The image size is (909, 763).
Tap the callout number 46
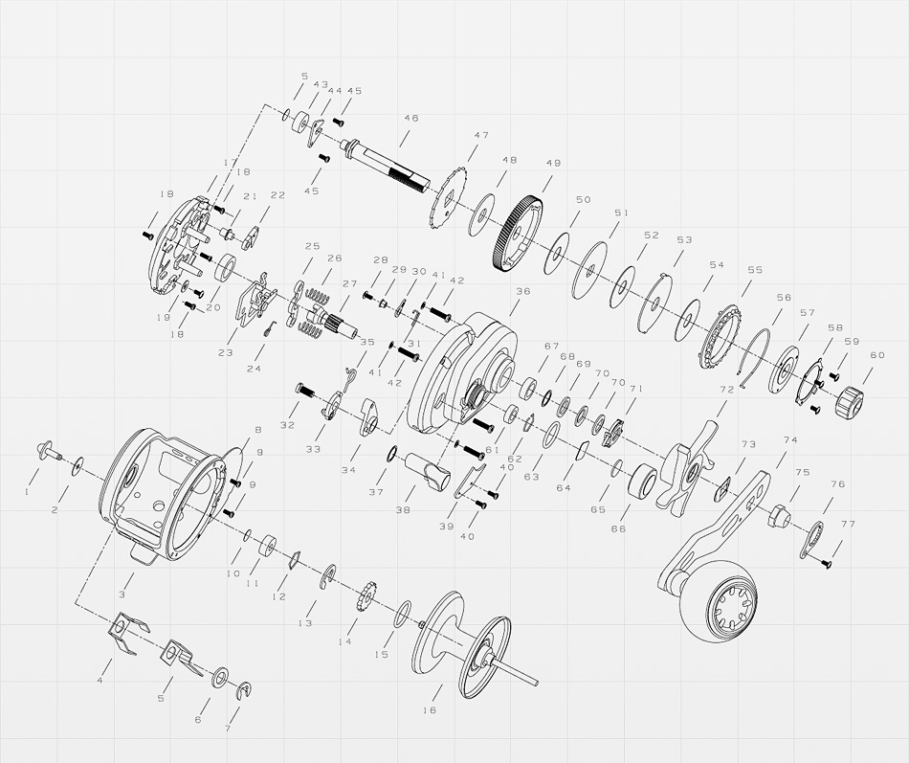(411, 119)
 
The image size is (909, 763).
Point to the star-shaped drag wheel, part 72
(687, 469)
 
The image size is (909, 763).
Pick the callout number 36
(522, 291)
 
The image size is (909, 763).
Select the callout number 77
(848, 524)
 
